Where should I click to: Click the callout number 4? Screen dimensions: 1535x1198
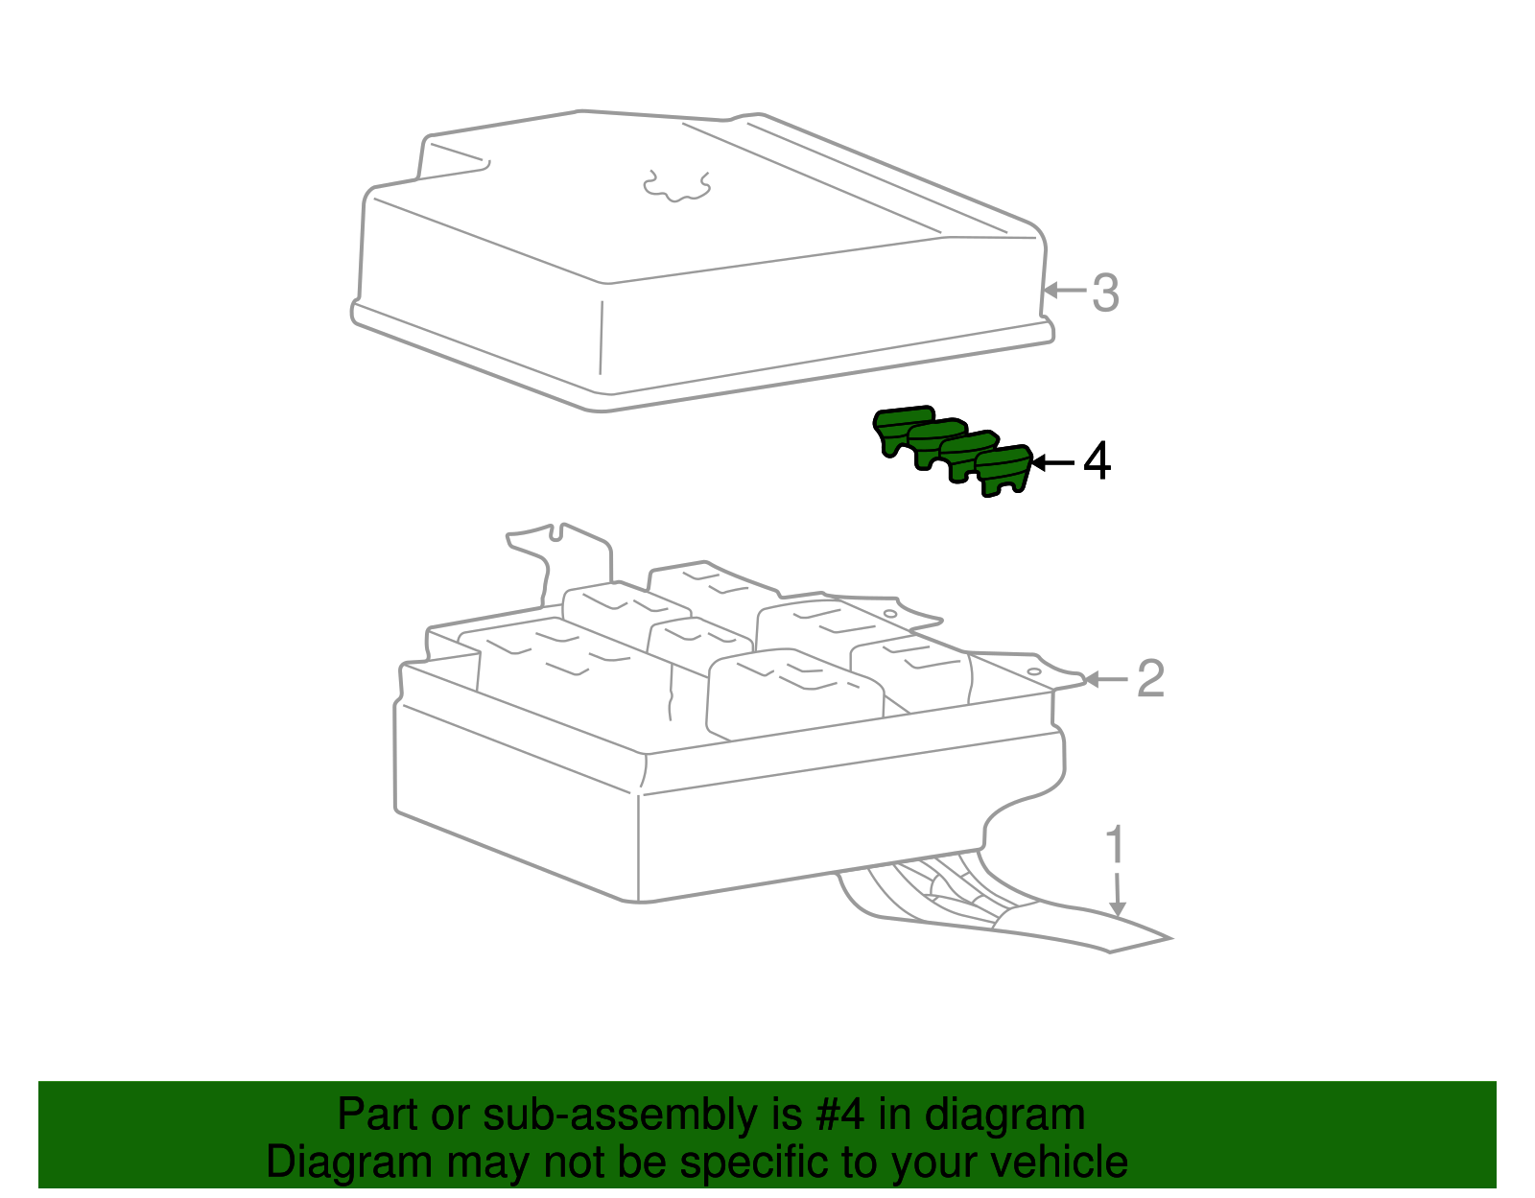click(1097, 461)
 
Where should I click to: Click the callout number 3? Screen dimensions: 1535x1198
click(1106, 293)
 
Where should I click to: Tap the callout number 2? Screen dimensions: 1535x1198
click(1150, 679)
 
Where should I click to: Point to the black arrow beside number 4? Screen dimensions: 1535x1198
click(1052, 463)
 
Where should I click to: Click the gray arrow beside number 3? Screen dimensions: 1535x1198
click(1065, 290)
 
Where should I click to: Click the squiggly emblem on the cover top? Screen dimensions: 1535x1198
click(676, 186)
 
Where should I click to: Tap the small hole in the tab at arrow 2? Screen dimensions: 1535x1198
click(1033, 671)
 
